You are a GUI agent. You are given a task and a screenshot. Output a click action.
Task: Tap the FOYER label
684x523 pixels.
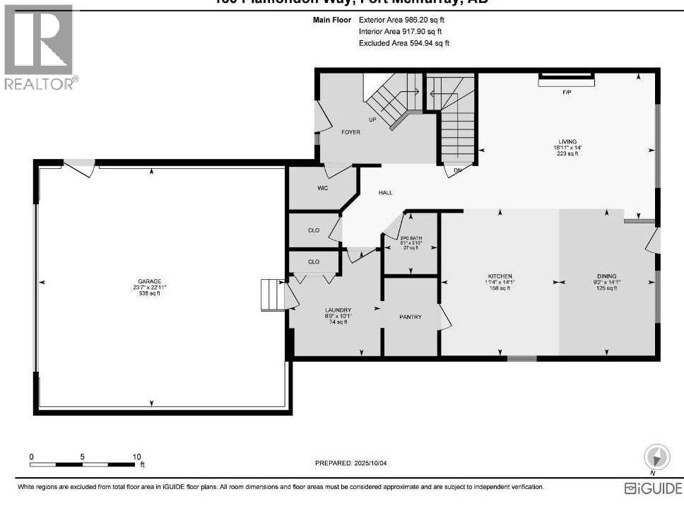[x=350, y=132]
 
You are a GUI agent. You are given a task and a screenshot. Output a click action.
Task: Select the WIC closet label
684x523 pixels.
[x=323, y=188]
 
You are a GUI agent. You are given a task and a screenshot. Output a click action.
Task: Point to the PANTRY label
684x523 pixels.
[x=411, y=317]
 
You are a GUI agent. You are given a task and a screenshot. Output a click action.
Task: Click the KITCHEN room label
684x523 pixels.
[x=500, y=276]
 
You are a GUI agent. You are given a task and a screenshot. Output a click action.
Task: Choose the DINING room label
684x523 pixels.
[x=606, y=276]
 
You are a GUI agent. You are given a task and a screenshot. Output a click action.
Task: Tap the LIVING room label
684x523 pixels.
[x=568, y=141]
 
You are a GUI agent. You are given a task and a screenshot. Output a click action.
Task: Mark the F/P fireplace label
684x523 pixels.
[x=566, y=93]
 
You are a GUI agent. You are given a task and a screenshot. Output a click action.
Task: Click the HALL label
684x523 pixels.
[x=385, y=192]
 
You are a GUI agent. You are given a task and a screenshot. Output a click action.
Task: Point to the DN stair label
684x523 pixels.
[x=457, y=170]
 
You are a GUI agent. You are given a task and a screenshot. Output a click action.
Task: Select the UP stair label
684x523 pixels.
[x=372, y=119]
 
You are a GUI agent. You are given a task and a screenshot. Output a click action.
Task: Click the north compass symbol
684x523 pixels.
[x=656, y=455]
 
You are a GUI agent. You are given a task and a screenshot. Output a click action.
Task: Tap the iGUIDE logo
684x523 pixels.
[x=654, y=488]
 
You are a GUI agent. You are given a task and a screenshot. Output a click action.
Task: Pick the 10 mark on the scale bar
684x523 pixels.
[x=136, y=457]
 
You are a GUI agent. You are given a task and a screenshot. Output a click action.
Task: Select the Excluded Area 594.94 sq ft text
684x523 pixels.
[x=404, y=43]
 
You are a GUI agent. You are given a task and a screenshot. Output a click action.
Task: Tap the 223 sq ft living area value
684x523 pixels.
[x=568, y=153]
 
